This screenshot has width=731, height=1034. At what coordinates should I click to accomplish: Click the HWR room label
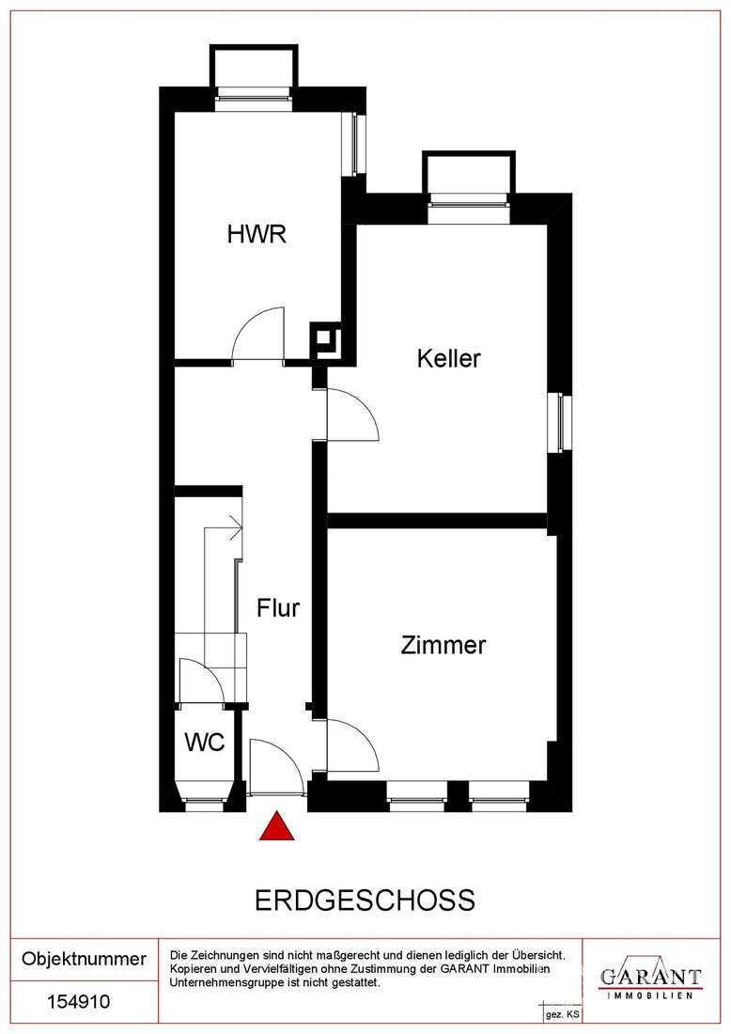(x=256, y=234)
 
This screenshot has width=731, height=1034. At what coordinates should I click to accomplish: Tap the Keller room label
(x=449, y=358)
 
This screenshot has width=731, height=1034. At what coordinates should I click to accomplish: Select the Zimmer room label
(x=443, y=646)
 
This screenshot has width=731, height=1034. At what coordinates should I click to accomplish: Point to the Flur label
(x=278, y=608)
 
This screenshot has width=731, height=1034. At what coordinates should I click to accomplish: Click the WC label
(x=204, y=743)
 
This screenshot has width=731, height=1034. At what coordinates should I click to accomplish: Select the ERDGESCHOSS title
(x=365, y=900)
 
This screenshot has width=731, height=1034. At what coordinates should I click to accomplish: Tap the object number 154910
(x=78, y=1002)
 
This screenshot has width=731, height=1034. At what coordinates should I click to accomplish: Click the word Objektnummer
(x=84, y=959)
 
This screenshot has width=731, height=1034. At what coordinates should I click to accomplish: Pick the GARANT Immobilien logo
(x=651, y=978)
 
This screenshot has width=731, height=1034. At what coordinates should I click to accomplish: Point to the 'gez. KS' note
(x=562, y=1016)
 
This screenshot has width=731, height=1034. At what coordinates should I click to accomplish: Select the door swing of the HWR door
(x=258, y=334)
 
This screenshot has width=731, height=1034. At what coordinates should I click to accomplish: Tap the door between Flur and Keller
(x=350, y=415)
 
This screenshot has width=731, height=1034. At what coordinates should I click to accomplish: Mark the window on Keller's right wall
(x=560, y=421)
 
